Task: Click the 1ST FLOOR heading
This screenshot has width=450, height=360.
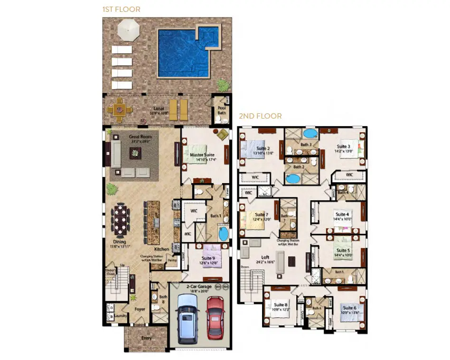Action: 121,9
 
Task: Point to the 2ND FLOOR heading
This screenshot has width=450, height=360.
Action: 260,116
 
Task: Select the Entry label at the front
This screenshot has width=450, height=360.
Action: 146,338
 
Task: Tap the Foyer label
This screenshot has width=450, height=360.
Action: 140,309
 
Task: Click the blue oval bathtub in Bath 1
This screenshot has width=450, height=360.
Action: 223,234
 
